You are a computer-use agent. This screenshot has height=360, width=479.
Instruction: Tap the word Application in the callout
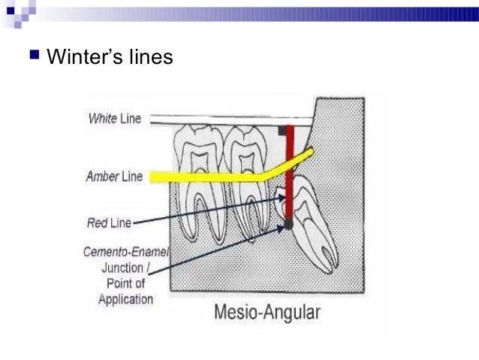pos(125,299)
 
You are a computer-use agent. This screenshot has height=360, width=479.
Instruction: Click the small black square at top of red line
pos(282,130)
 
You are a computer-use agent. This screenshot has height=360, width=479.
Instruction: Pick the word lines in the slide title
pos(150,56)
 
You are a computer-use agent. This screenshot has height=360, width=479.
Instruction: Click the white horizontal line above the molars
pos(225,119)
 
